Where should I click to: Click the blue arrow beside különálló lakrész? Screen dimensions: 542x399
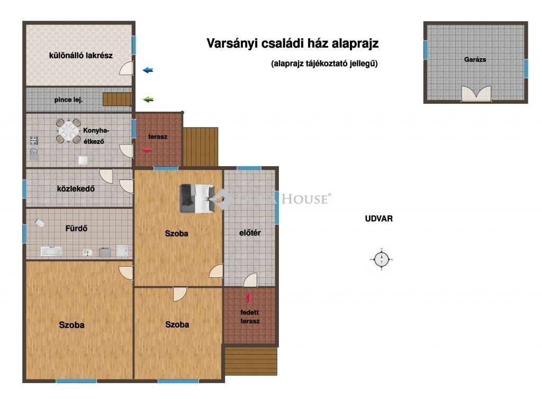point(148,70)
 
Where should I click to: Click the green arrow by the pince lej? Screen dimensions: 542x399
point(148,99)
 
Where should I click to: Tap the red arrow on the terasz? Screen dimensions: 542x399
point(147,150)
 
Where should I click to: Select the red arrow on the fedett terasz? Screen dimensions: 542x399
point(249,298)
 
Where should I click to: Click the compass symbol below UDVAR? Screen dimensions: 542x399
point(382,259)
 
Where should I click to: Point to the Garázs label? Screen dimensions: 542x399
point(475,59)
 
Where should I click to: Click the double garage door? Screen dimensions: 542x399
point(476,93)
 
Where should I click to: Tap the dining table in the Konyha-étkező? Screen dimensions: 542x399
point(68,131)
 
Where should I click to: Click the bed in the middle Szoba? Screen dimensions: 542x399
point(197,198)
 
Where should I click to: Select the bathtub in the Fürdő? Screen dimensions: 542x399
point(51,251)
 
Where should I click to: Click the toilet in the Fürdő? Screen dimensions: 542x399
point(39,223)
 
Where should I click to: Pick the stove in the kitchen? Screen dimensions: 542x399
point(33,141)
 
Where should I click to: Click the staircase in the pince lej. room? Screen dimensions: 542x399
point(117,99)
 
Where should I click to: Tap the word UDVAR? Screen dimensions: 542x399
point(379,219)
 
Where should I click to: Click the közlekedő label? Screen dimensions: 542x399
point(76,188)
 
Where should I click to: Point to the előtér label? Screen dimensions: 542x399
point(250,233)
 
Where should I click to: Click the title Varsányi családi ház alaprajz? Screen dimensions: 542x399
point(292,43)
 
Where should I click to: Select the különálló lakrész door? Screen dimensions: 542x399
point(126,68)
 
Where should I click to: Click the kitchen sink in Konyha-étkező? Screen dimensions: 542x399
point(33,154)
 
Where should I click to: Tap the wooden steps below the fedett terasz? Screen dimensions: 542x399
point(251,361)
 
